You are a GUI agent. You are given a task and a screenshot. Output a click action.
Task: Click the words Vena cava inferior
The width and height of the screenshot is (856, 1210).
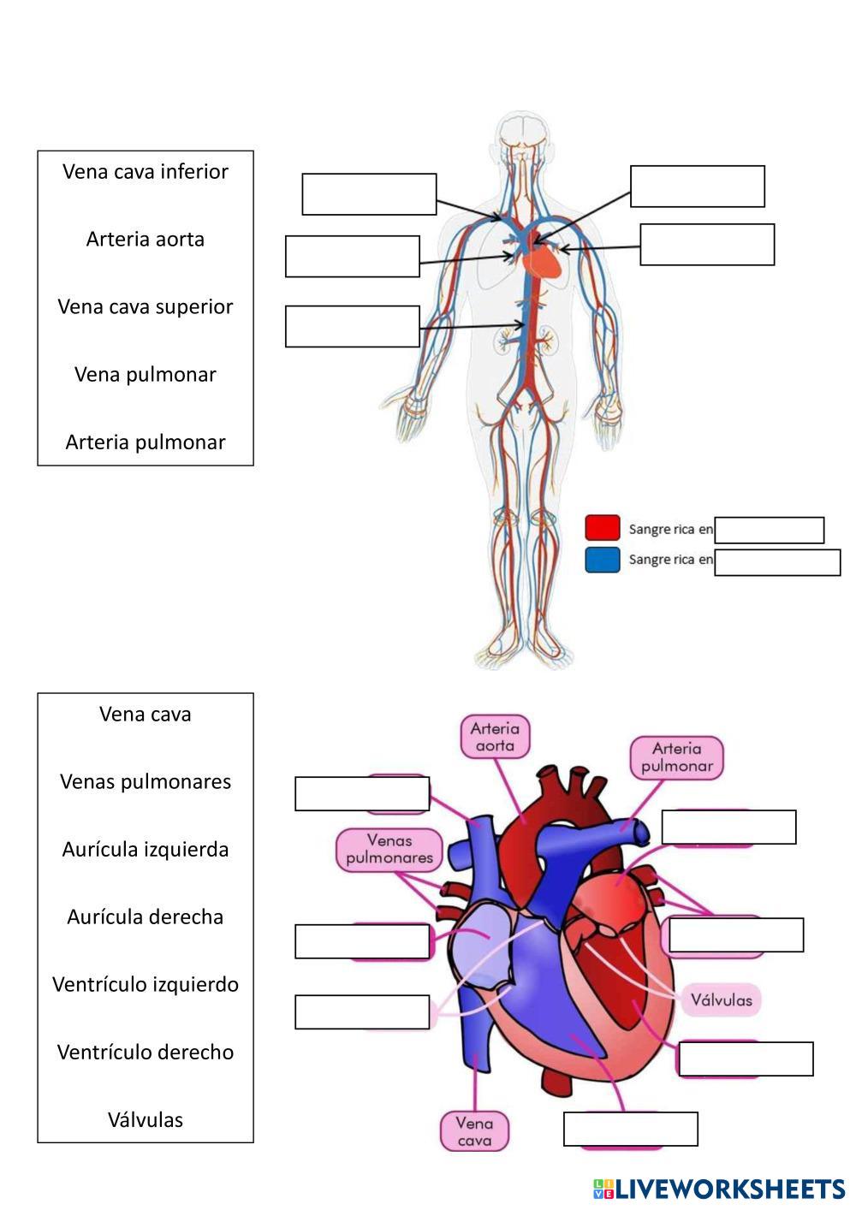pyautogui.click(x=146, y=171)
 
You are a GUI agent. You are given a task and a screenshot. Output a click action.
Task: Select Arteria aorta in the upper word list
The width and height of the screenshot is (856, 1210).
pyautogui.click(x=146, y=239)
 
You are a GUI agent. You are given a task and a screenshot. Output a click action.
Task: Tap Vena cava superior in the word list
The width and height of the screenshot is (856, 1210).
pyautogui.click(x=146, y=306)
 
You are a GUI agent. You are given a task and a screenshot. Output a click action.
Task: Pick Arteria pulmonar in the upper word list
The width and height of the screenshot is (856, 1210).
pyautogui.click(x=146, y=442)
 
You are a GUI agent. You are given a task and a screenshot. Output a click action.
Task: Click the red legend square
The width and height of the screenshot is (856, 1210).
pyautogui.click(x=602, y=528)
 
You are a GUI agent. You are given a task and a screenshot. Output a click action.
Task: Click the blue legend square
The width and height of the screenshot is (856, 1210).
pyautogui.click(x=602, y=561)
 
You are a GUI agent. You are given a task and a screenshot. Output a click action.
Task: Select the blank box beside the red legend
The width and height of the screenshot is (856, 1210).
pyautogui.click(x=769, y=531)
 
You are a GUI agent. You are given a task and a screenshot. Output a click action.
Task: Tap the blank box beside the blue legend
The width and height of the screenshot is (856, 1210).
pyautogui.click(x=777, y=562)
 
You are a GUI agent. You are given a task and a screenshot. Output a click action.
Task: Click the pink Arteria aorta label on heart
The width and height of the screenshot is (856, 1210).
pyautogui.click(x=495, y=737)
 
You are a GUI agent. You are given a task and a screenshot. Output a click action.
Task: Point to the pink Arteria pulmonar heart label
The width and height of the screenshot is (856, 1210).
pyautogui.click(x=677, y=757)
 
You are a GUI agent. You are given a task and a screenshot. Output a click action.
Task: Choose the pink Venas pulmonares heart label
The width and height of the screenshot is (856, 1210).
pyautogui.click(x=389, y=849)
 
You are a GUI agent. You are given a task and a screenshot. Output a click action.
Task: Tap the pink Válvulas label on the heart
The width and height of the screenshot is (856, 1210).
pyautogui.click(x=721, y=999)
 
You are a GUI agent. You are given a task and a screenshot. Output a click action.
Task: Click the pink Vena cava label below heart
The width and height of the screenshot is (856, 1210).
pyautogui.click(x=474, y=1131)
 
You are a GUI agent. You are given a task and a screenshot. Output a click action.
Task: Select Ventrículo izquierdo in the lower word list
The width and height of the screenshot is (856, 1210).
pyautogui.click(x=146, y=984)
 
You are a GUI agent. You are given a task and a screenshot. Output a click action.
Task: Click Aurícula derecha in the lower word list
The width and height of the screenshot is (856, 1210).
pyautogui.click(x=146, y=916)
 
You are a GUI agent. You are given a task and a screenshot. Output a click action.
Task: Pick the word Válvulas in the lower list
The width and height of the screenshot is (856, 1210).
pyautogui.click(x=146, y=1119)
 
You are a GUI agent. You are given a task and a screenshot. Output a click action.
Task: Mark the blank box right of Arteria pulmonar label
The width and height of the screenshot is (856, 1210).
pyautogui.click(x=728, y=827)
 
